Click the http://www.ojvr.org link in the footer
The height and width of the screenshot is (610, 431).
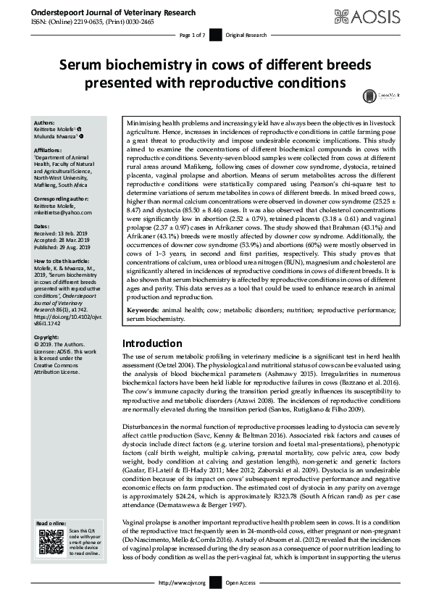pyautogui.click(x=182, y=603)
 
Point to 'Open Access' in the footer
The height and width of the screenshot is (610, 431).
pyautogui.click(x=240, y=603)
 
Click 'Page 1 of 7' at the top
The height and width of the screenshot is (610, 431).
pyautogui.click(x=192, y=35)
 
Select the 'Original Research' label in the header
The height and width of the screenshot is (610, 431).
pyautogui.click(x=241, y=35)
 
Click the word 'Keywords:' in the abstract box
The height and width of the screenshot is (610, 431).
pyautogui.click(x=143, y=311)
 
